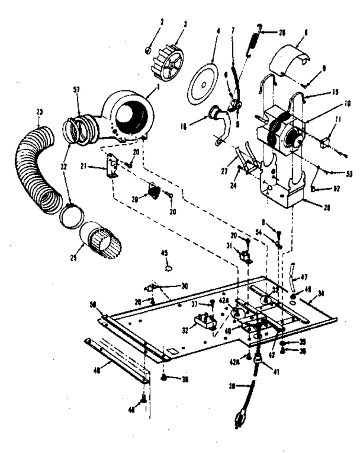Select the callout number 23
click(x=39, y=112)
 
